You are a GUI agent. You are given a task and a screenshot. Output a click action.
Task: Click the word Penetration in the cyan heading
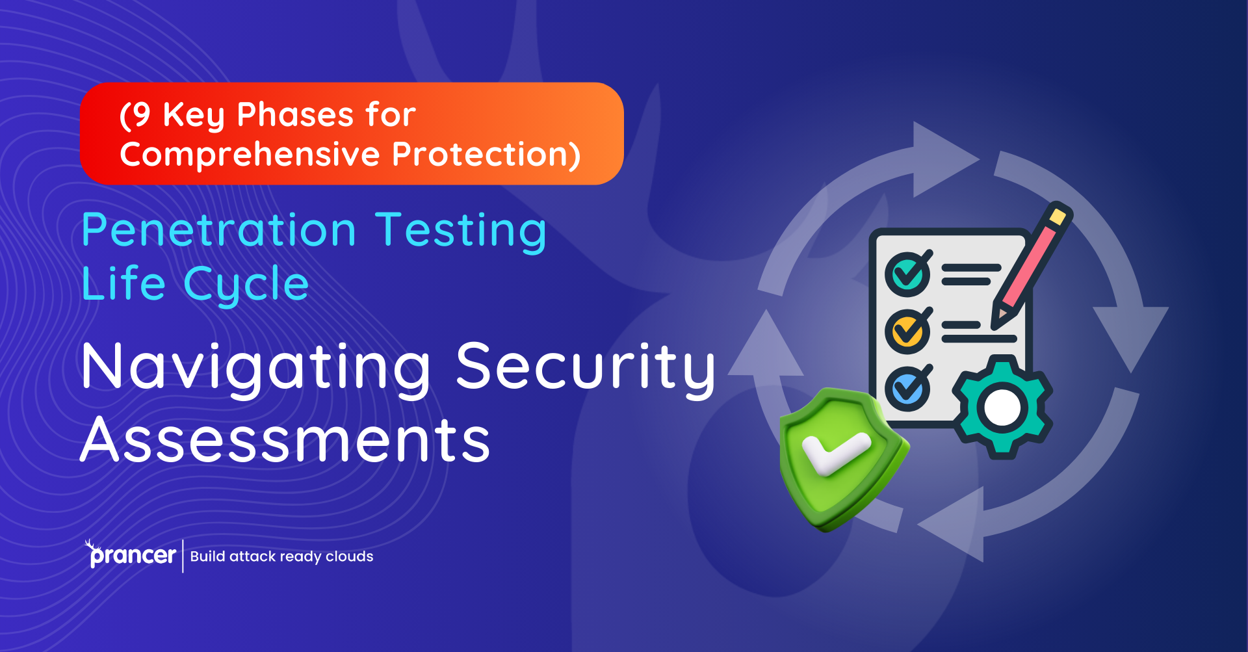(219, 231)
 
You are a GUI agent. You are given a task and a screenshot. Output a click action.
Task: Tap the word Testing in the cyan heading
(461, 232)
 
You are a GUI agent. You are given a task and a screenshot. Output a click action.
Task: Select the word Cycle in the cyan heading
(246, 285)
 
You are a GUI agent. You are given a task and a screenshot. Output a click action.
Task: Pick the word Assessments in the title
(285, 441)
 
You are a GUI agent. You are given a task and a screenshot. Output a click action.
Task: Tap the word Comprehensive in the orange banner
(250, 155)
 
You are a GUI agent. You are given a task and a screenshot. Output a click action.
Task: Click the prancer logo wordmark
(132, 555)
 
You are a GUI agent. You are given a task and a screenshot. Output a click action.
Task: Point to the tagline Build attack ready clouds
(281, 556)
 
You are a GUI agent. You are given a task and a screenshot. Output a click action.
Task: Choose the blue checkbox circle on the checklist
(907, 389)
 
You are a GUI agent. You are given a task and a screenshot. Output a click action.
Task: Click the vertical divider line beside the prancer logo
(183, 556)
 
